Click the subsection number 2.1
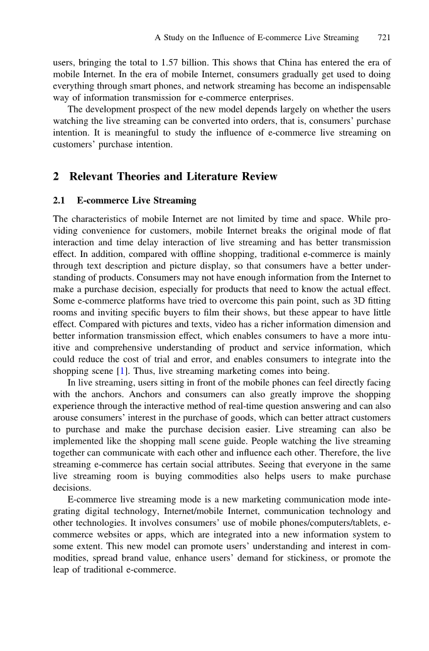60,201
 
